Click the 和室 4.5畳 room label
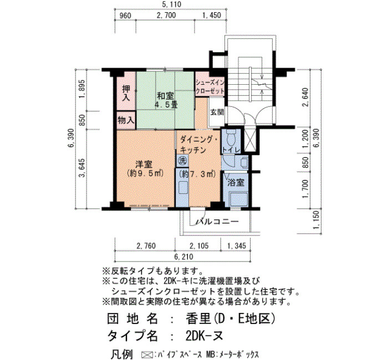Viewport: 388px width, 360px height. coord(166,100)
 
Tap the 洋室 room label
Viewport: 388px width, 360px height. coord(145,168)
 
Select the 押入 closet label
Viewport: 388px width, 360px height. coord(126,92)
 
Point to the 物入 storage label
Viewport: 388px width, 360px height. coord(126,121)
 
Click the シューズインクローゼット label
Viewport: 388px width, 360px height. coord(210,87)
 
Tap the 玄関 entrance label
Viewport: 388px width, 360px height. coord(217,112)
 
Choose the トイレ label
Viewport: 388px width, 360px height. coord(231,150)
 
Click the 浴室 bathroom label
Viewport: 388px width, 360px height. coord(236,182)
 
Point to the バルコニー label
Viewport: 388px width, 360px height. coord(218,221)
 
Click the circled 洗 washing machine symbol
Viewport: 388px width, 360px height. coord(182,161)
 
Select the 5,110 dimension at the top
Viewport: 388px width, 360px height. coord(172,4)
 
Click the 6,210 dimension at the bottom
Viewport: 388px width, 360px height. coord(183,256)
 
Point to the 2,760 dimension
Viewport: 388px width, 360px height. coord(146,245)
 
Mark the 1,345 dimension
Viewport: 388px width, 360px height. coord(237,245)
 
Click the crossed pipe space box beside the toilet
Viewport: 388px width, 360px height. coord(250,140)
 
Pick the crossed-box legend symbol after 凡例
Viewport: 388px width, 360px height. coord(147,354)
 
